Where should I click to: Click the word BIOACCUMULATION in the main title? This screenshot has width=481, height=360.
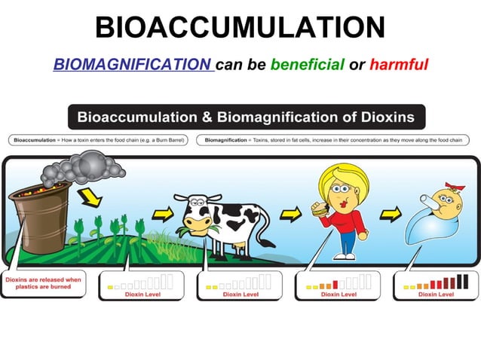tap(240, 28)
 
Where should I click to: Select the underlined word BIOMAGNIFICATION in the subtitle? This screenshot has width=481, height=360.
tap(133, 65)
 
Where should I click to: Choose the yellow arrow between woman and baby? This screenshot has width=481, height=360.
tap(390, 215)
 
